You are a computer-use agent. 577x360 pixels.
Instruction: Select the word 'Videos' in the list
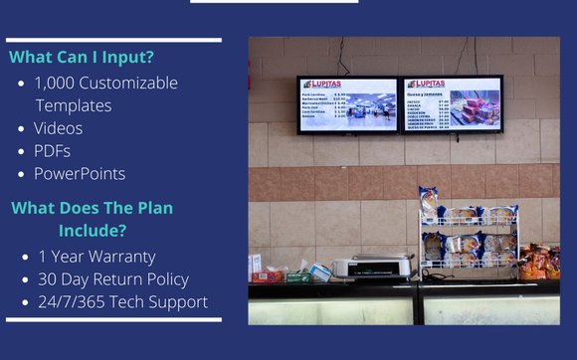pyautogui.click(x=59, y=128)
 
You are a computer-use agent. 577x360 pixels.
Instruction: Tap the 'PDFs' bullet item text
pyautogui.click(x=54, y=151)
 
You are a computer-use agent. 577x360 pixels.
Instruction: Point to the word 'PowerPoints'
pyautogui.click(x=80, y=174)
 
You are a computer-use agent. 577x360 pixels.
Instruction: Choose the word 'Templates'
pyautogui.click(x=74, y=105)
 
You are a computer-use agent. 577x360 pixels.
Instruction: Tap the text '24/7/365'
pyautogui.click(x=70, y=301)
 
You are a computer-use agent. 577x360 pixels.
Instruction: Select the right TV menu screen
pyautogui.click(x=452, y=103)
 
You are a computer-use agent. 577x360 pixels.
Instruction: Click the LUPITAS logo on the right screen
pyautogui.click(x=425, y=85)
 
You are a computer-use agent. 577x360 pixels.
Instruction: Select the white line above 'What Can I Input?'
pyautogui.click(x=113, y=40)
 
